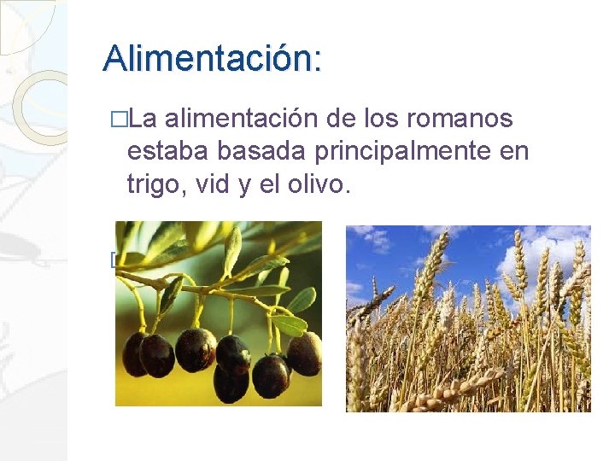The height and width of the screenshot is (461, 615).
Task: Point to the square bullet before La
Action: tap(119, 119)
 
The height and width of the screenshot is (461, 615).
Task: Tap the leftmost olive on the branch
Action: tap(134, 353)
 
